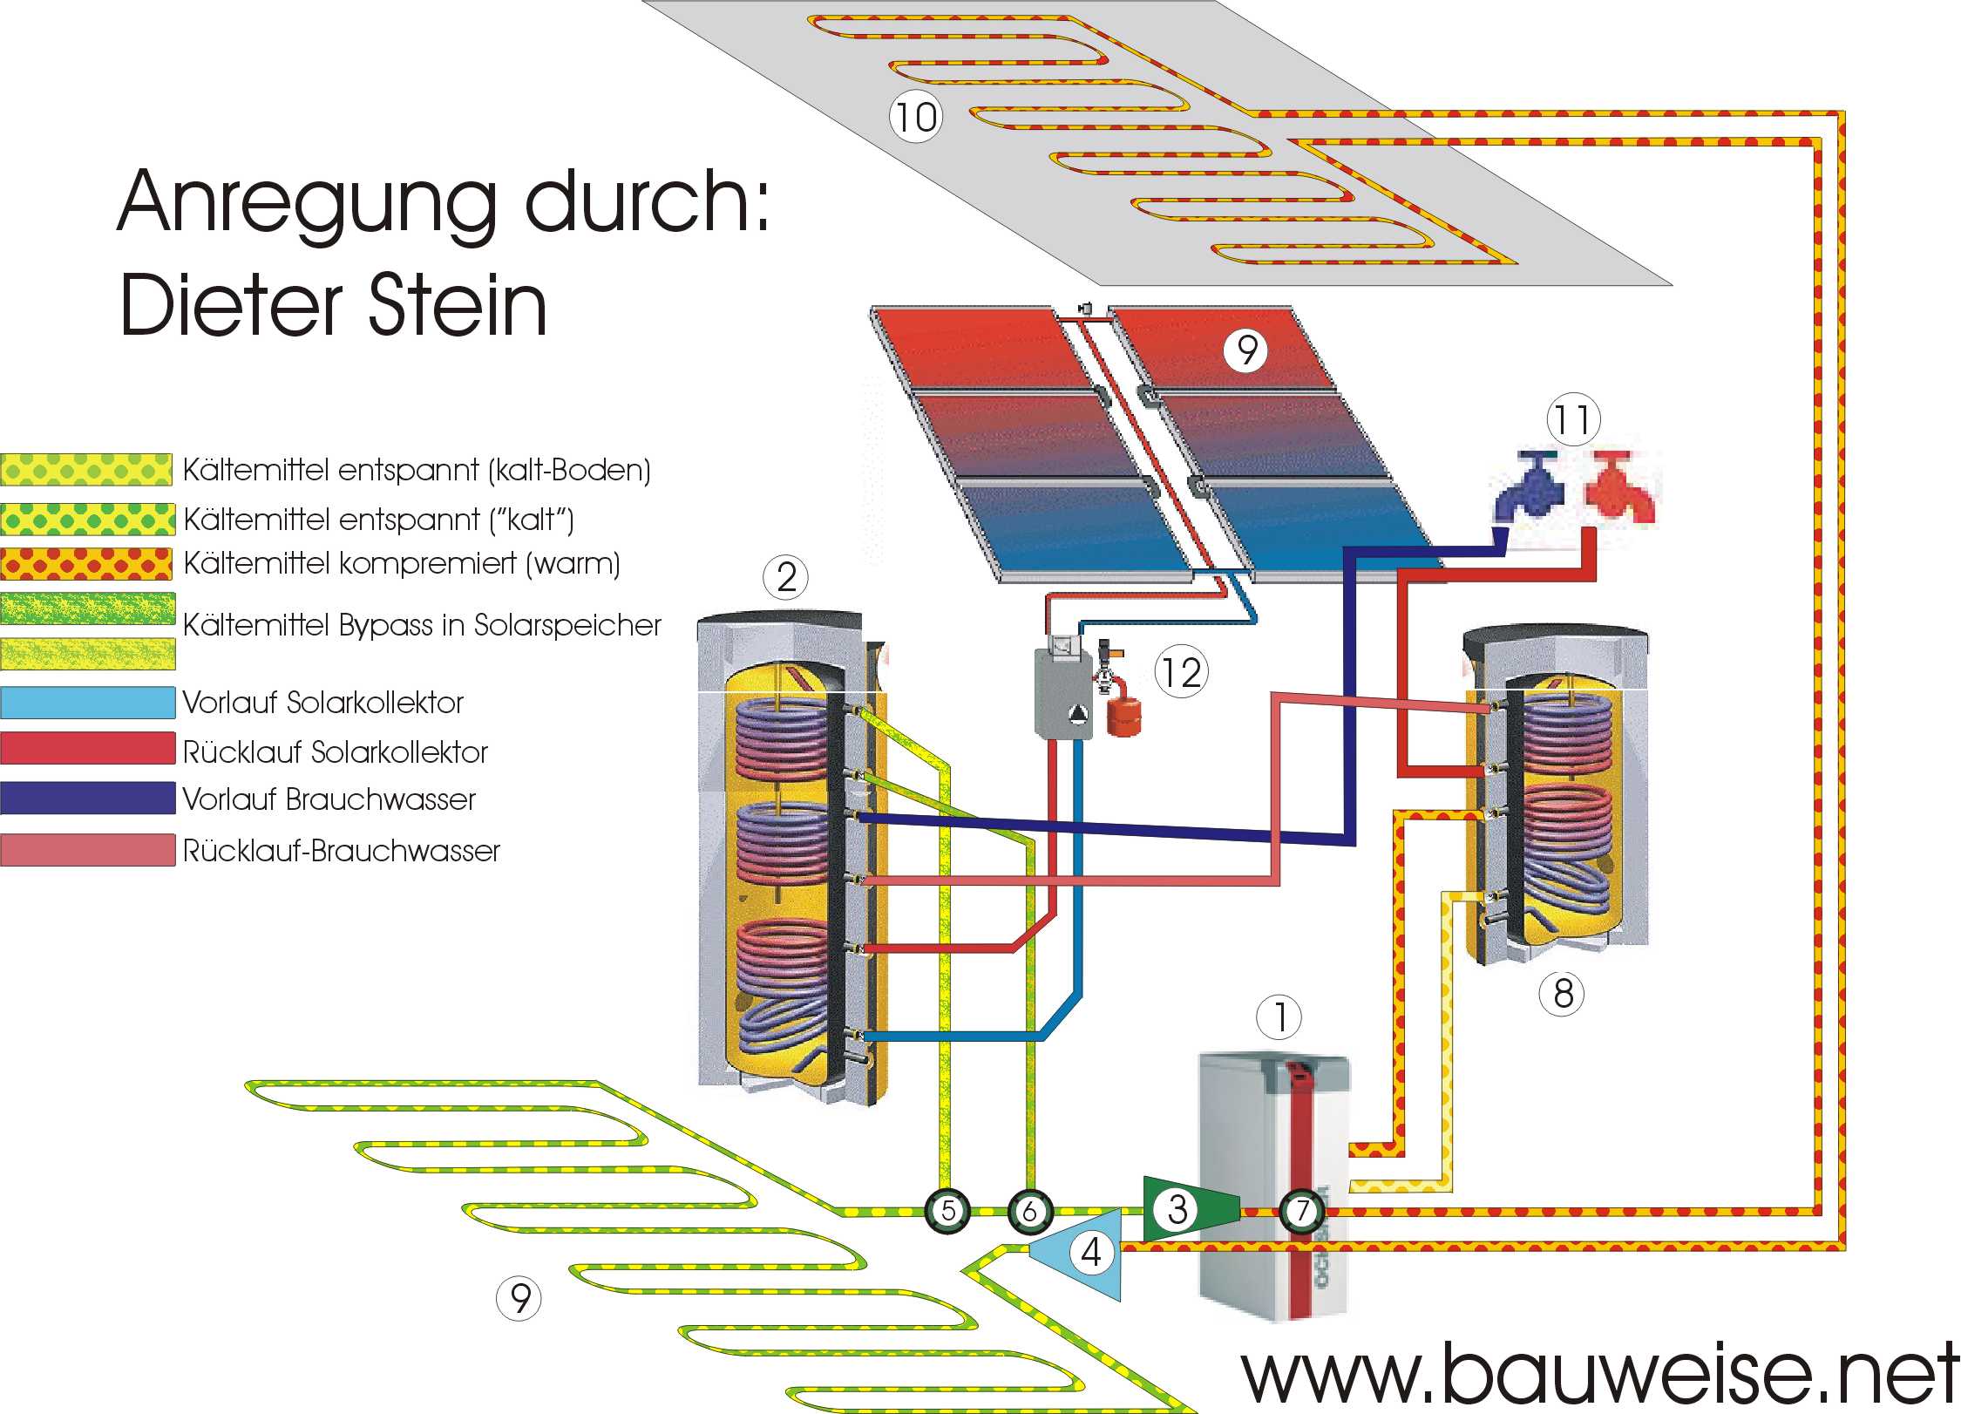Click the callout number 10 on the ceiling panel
915,117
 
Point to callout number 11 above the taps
1573,420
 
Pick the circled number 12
1182,672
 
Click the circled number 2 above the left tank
786,577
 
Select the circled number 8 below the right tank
1563,994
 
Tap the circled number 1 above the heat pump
1279,1017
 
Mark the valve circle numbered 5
947,1210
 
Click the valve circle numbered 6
1030,1211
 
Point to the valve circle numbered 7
1302,1210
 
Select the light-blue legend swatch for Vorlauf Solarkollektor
88,703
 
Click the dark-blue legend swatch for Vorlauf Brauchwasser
88,799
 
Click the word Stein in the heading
458,305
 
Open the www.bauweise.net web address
1599,1376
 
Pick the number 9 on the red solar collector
1247,350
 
